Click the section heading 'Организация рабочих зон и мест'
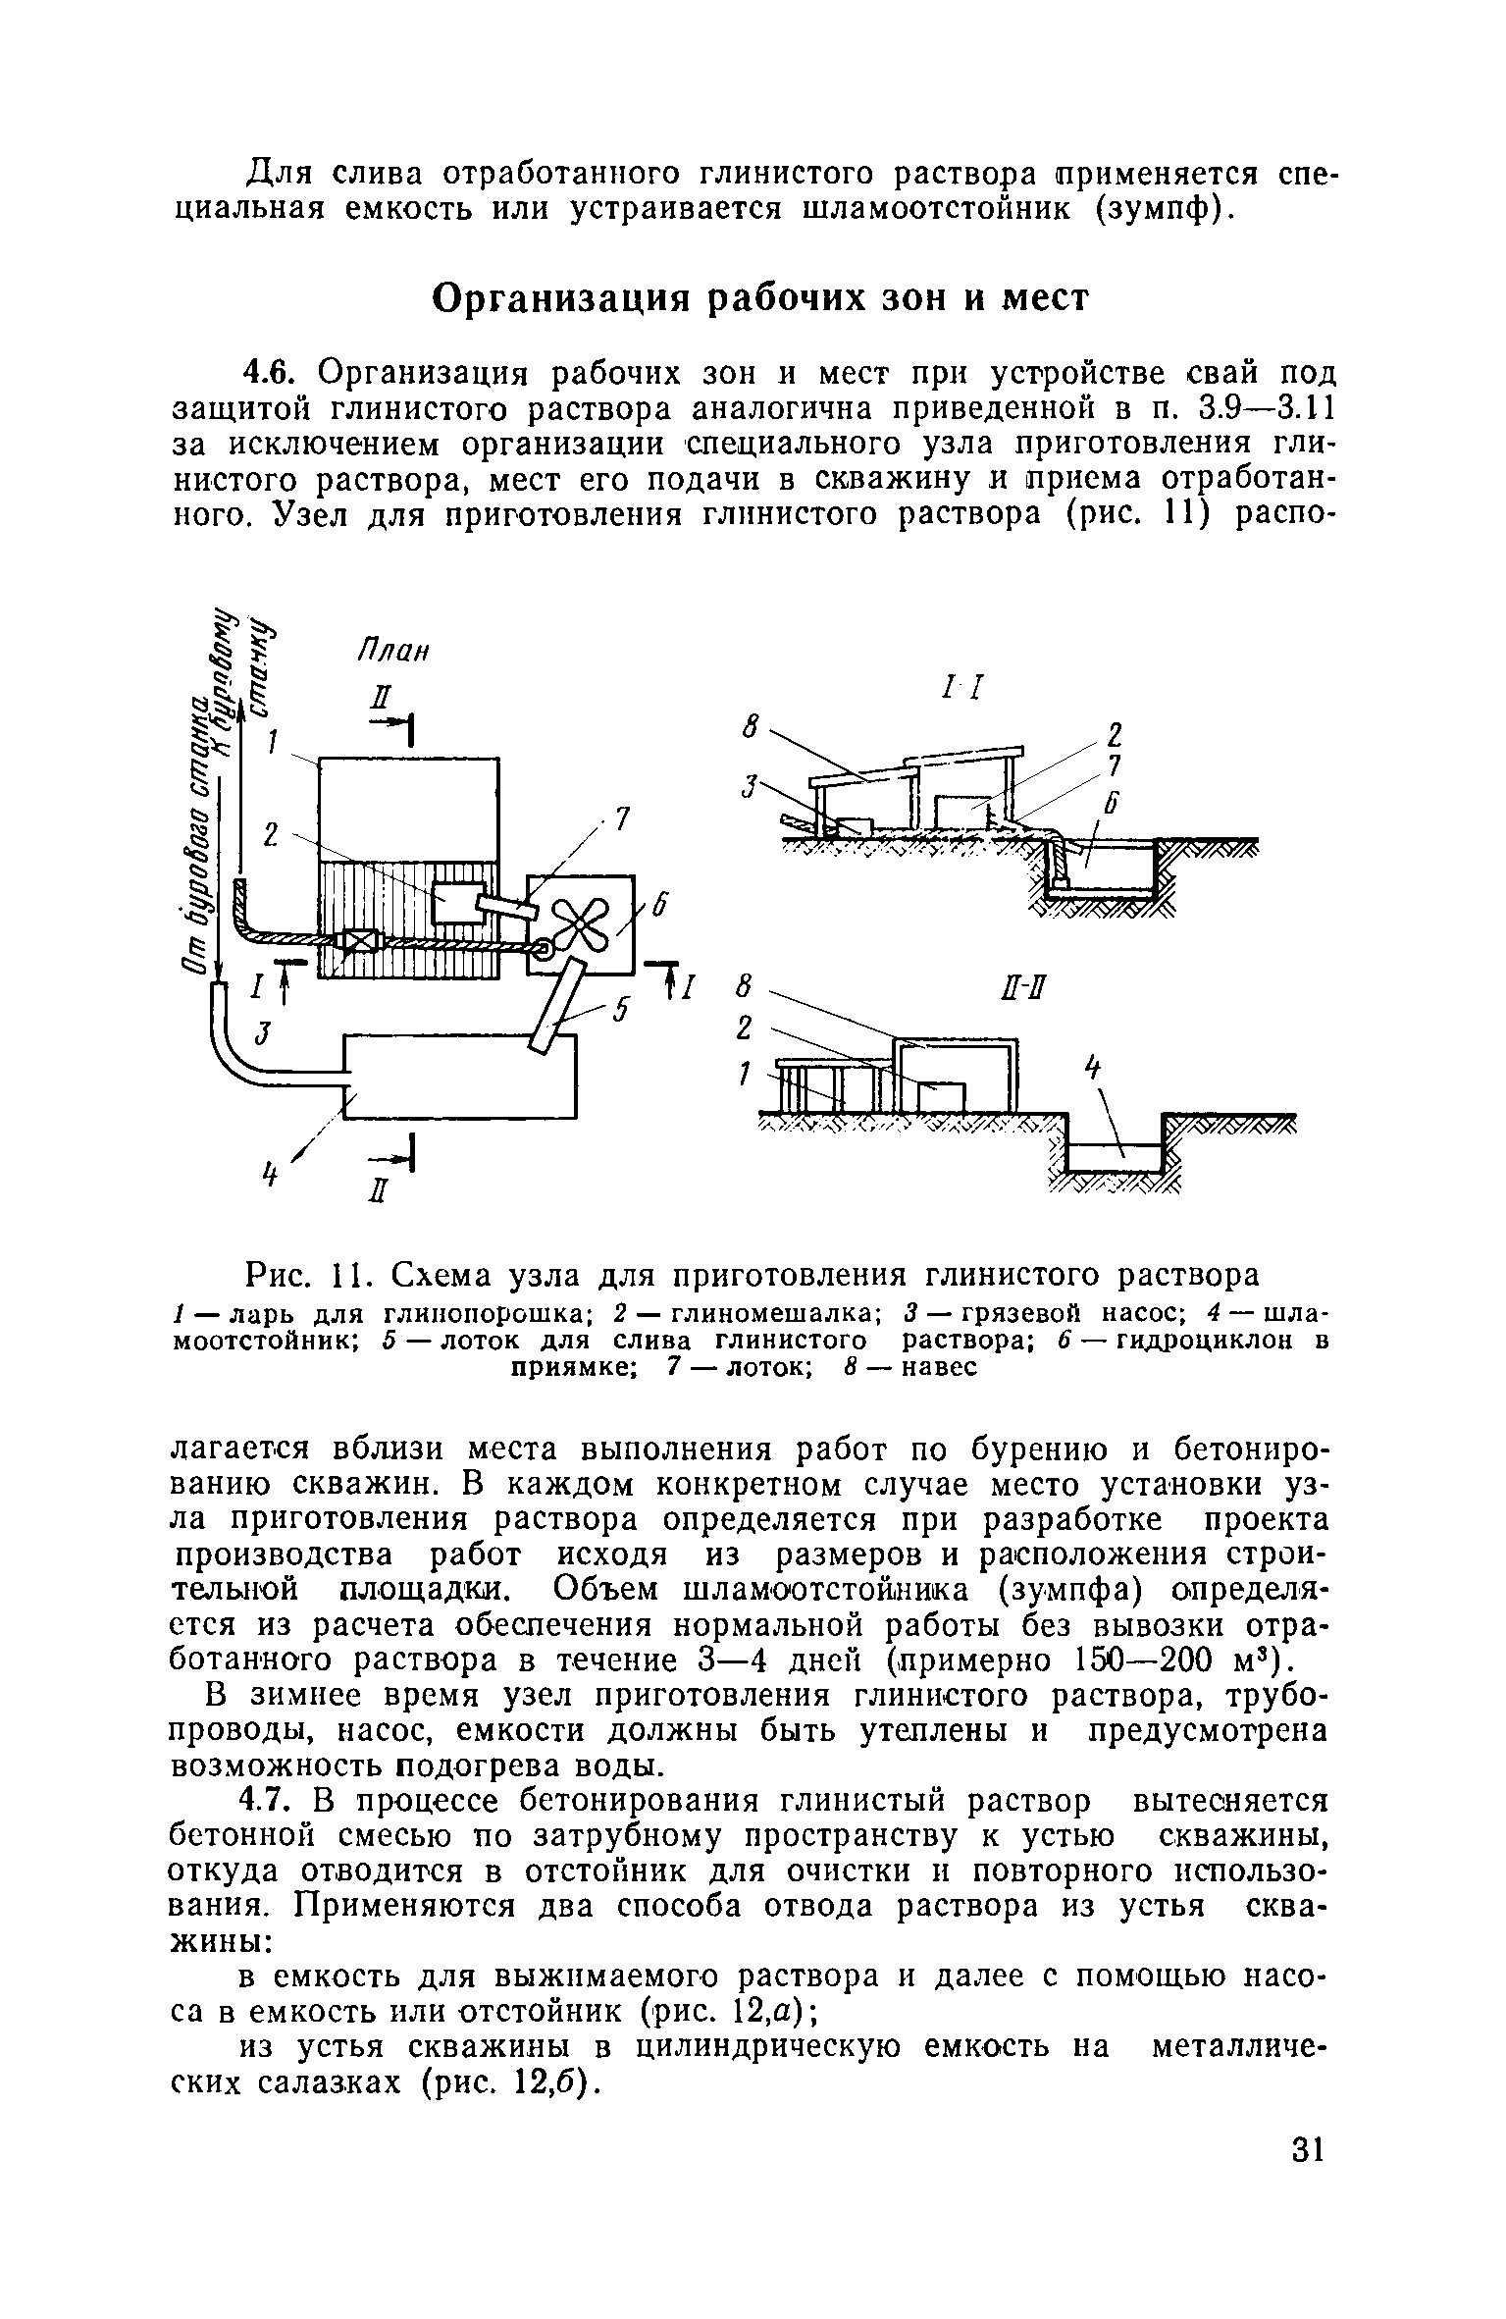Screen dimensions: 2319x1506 click(x=760, y=297)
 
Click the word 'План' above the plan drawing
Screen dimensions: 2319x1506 click(x=393, y=653)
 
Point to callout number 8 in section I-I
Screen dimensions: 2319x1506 click(x=753, y=727)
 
